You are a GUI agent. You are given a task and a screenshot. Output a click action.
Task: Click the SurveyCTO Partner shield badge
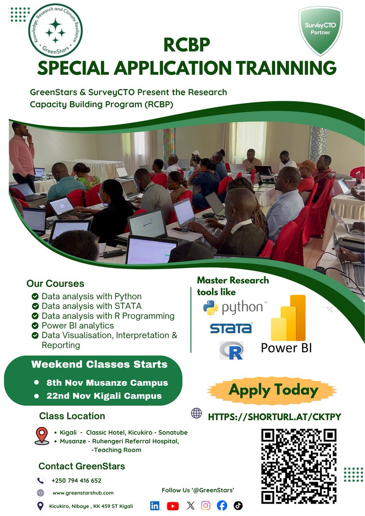click(320, 31)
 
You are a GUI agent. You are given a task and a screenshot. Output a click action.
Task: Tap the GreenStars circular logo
click(55, 31)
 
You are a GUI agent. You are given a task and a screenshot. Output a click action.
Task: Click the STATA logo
click(231, 328)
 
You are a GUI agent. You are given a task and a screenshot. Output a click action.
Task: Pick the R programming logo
click(231, 350)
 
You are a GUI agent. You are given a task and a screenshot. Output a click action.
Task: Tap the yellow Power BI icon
click(288, 318)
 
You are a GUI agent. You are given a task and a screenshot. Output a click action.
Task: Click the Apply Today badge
click(273, 390)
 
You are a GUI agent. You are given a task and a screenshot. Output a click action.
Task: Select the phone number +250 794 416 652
click(76, 480)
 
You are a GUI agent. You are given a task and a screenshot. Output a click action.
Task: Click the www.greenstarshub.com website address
click(83, 493)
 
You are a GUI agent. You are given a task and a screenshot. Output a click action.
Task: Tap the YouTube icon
click(173, 506)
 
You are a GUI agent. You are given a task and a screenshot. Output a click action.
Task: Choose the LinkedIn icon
click(155, 506)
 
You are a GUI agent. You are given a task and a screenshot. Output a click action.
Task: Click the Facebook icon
click(222, 506)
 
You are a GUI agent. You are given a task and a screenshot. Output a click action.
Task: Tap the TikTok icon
click(238, 506)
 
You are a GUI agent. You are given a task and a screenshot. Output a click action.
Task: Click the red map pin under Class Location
click(42, 436)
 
